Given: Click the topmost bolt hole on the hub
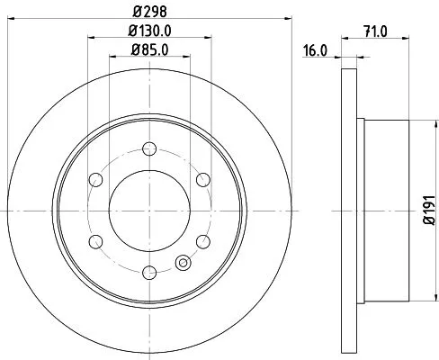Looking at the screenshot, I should pyautogui.click(x=149, y=146).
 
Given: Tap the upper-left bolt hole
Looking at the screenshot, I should pyautogui.click(x=95, y=177).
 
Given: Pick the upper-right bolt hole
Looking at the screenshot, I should pyautogui.click(x=203, y=177).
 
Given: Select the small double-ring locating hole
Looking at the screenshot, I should pyautogui.click(x=184, y=264).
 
